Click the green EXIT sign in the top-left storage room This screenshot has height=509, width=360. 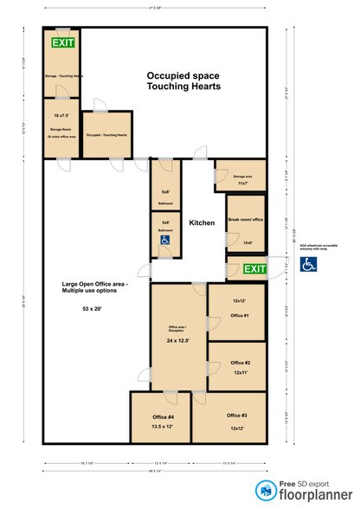coord(62,42)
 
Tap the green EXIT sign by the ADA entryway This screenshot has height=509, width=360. coord(254,270)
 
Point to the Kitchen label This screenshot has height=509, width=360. coord(202,222)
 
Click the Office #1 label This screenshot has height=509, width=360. coord(240,316)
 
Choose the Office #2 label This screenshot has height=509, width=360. coord(241,362)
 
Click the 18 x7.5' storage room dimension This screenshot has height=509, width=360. coord(61,115)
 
